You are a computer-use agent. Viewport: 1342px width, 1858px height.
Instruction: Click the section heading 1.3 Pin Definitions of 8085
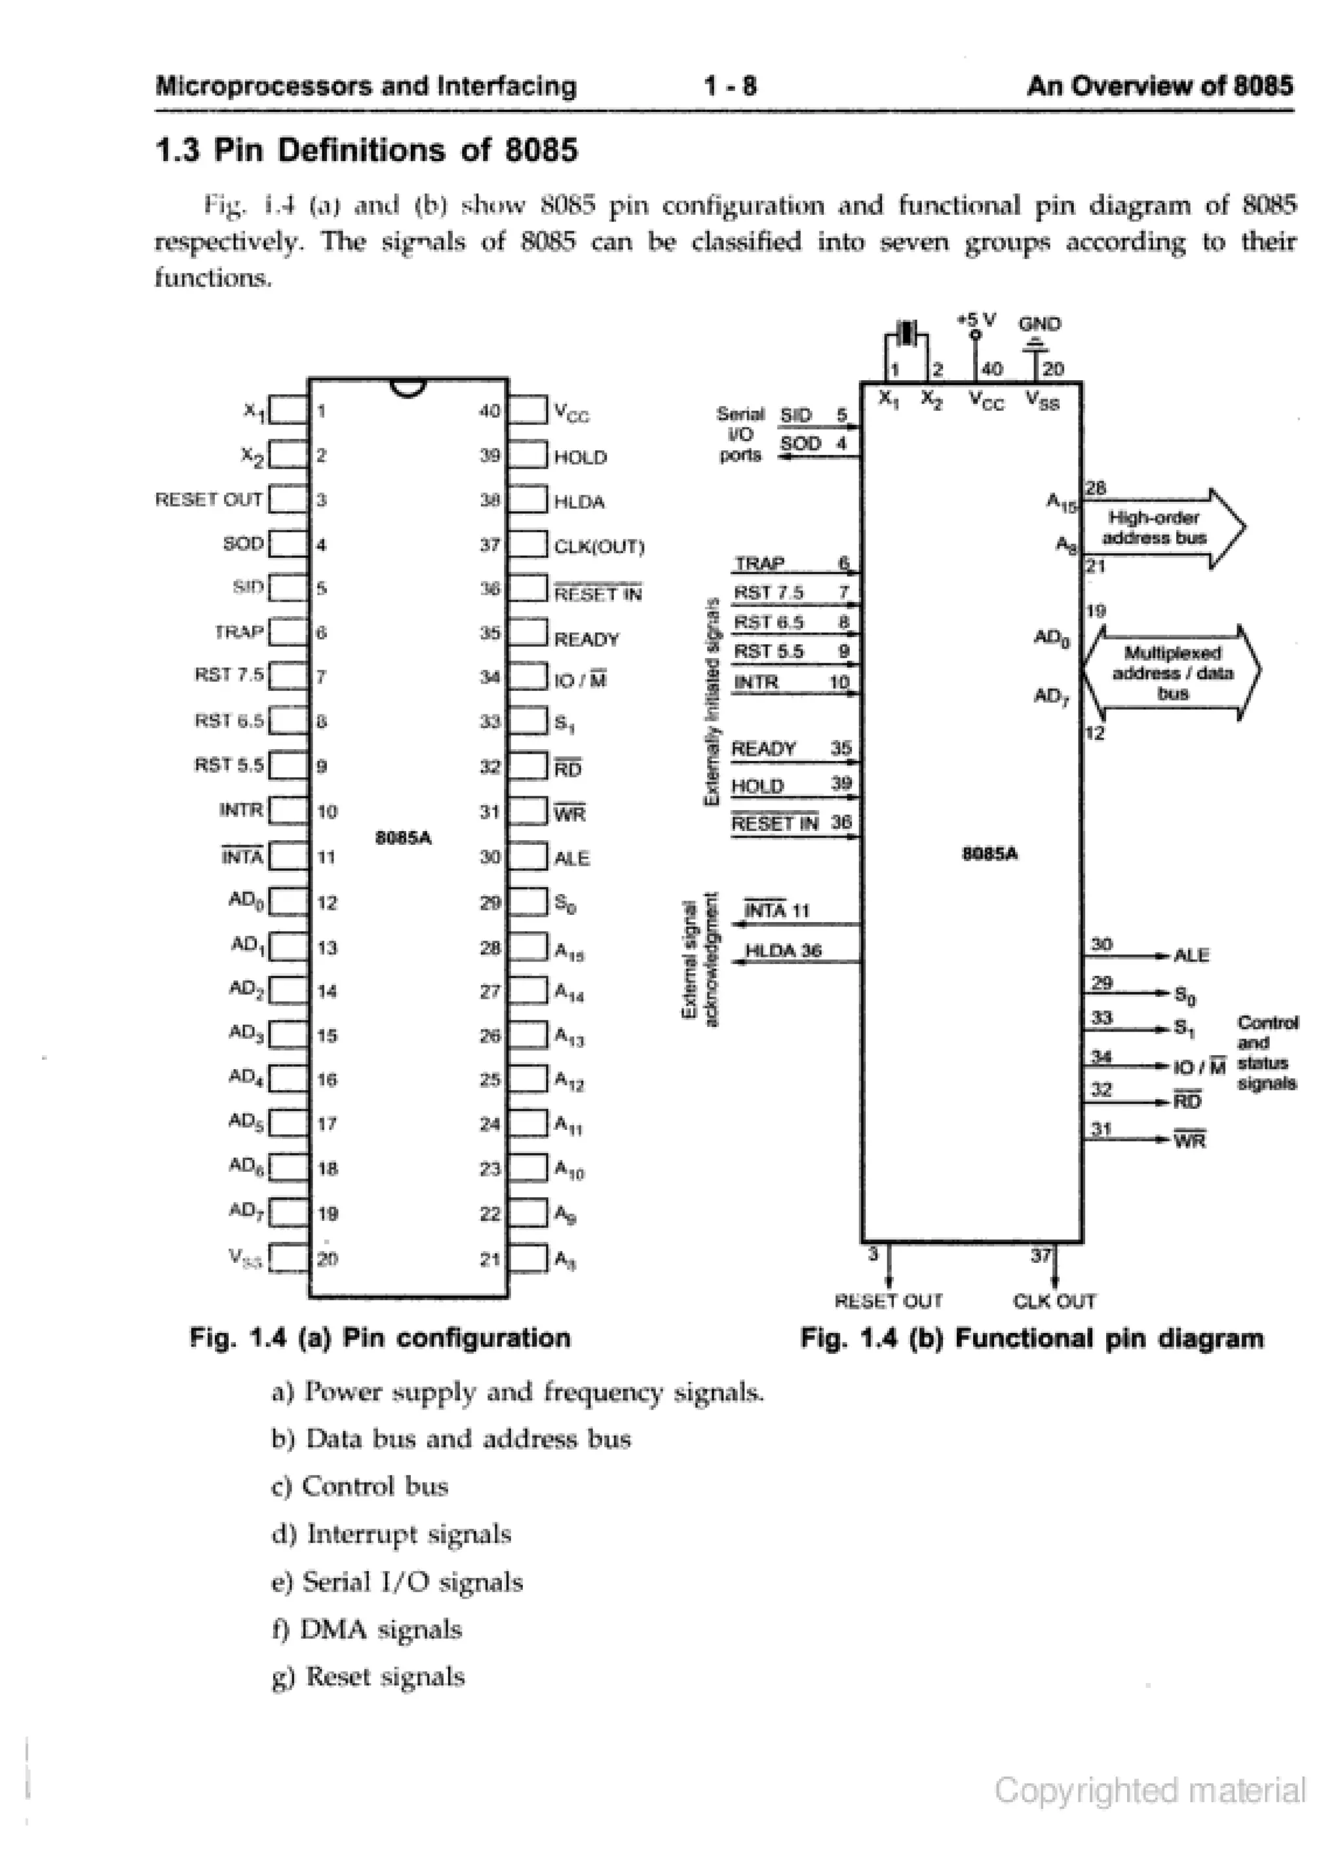point(366,151)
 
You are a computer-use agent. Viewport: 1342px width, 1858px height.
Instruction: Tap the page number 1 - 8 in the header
point(730,86)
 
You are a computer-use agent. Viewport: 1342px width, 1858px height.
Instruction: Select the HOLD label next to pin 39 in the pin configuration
point(580,457)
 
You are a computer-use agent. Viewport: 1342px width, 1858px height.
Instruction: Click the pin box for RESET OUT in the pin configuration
point(288,499)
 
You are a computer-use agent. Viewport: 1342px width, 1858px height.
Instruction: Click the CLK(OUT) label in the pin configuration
point(599,547)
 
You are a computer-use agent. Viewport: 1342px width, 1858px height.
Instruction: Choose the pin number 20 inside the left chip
point(328,1258)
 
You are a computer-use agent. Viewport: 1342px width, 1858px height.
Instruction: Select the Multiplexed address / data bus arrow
point(1172,672)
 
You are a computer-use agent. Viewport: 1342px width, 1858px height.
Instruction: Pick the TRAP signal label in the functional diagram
point(759,564)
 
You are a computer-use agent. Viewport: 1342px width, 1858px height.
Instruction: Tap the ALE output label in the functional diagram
point(1191,956)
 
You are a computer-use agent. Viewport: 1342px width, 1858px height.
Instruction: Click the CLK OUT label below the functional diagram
point(1054,1301)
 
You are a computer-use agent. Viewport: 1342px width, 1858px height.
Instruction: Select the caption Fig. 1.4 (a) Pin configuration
point(380,1338)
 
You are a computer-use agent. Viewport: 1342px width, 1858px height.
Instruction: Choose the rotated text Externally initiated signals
point(712,701)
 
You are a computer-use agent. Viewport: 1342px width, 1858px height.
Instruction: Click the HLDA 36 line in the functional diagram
point(782,950)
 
